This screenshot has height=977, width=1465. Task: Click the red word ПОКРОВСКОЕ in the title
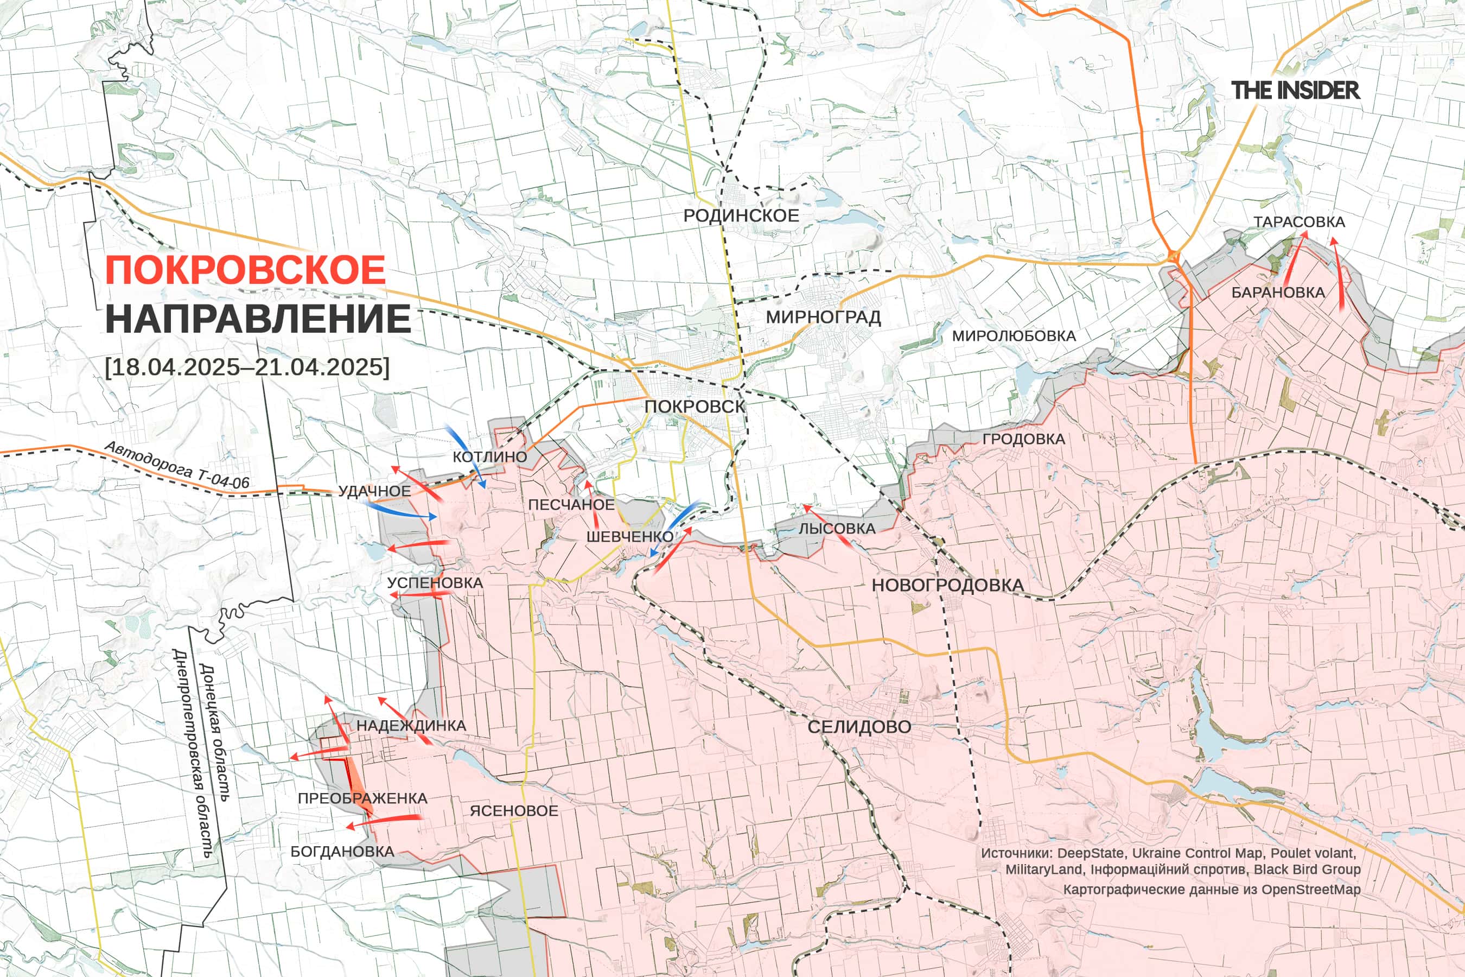pos(245,270)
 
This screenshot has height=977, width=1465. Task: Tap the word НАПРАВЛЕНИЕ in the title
pos(258,319)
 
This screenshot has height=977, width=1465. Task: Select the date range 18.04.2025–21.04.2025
pos(247,366)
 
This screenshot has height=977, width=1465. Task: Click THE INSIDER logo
pos(1295,90)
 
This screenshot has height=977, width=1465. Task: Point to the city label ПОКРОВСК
pos(694,406)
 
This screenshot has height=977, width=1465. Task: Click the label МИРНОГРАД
pos(823,317)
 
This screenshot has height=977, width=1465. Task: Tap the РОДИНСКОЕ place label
pos(741,215)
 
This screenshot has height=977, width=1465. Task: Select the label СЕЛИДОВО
pos(859,727)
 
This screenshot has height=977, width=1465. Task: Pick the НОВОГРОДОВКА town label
pos(947,585)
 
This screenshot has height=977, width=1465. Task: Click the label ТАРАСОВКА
pos(1298,222)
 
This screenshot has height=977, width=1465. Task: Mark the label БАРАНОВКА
pos(1277,292)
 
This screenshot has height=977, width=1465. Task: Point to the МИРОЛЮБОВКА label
pos(1014,336)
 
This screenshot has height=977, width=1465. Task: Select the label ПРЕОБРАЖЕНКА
pos(362,798)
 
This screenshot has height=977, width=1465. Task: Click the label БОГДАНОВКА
pos(342,852)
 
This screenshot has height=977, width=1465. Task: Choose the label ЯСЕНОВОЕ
pos(513,810)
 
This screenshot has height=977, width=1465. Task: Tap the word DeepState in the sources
pos(1091,853)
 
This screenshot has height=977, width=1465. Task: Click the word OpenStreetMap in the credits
pos(1310,889)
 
